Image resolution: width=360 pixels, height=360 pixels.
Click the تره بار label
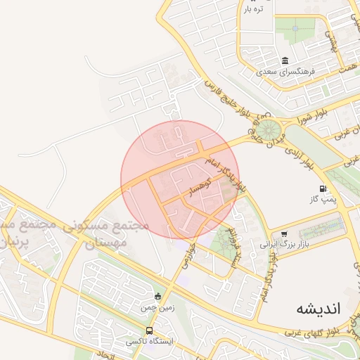tap(253, 9)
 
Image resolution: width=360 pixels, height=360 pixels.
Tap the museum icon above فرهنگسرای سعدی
tap(285, 60)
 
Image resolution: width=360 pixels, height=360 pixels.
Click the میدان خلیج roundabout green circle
tap(267, 131)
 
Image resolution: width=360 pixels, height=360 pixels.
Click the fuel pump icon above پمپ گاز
tap(323, 188)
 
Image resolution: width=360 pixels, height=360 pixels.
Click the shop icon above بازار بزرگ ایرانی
tap(283, 234)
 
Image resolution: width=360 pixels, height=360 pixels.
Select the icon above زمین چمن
tap(157, 296)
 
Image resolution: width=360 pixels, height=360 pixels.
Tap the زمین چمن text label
tap(155, 307)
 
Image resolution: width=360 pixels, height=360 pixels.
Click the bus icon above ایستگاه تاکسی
tap(149, 330)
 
